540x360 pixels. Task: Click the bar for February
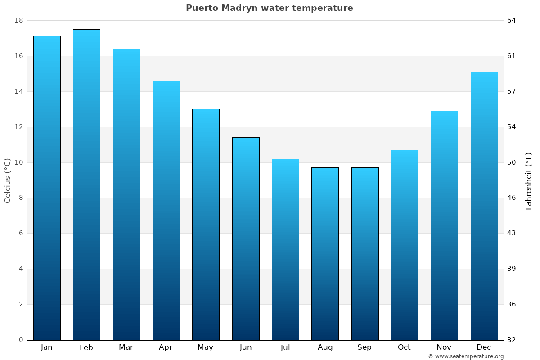point(86,184)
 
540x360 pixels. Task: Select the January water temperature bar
point(47,188)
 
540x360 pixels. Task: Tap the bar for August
point(325,254)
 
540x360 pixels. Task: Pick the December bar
point(484,206)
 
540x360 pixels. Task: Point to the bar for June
point(246,238)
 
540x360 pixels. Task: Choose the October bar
point(405,245)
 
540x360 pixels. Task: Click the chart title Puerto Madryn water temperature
point(269,8)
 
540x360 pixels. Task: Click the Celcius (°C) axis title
point(7,180)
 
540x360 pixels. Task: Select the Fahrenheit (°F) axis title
point(529,181)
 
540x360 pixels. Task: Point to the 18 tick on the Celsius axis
point(19,21)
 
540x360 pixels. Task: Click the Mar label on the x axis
point(126,347)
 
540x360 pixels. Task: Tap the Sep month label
point(364,347)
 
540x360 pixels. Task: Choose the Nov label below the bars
point(444,347)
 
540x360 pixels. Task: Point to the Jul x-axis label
point(285,347)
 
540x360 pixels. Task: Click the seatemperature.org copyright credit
point(466,356)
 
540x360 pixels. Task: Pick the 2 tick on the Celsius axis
point(21,304)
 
